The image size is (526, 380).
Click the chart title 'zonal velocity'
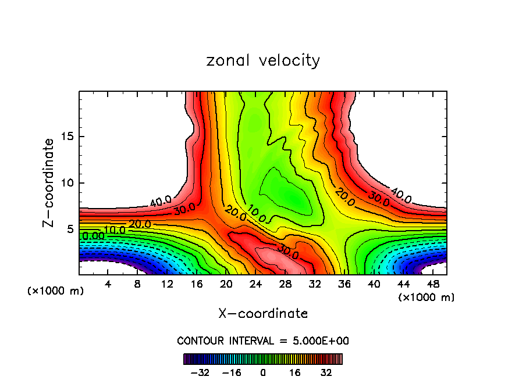(x=263, y=60)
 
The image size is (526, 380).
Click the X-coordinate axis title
(x=263, y=314)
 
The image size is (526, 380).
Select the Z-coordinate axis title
(x=49, y=182)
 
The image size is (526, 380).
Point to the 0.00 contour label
(x=93, y=236)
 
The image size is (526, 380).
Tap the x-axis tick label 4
(x=108, y=284)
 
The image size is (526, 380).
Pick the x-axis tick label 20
(x=226, y=284)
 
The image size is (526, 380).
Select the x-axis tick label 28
(x=285, y=284)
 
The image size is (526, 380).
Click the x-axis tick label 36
(x=344, y=284)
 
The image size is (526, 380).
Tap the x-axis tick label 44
(x=403, y=284)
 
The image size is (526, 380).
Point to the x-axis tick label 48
(x=433, y=284)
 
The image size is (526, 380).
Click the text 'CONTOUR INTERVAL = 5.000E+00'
(x=263, y=340)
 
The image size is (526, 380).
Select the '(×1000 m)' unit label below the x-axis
(x=427, y=297)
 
